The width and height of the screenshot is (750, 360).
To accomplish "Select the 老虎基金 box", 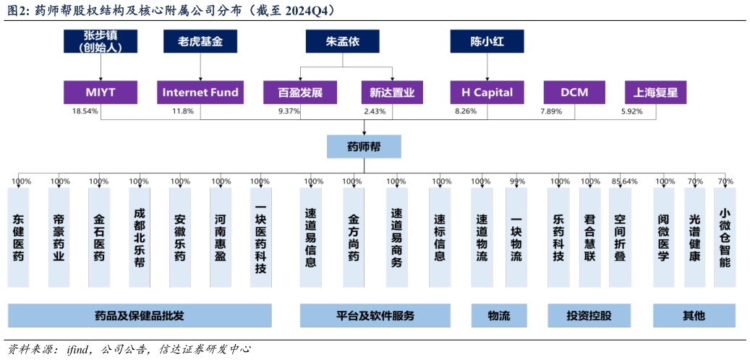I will click(x=200, y=41).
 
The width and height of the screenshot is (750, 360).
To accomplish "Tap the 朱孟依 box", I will click(x=343, y=41).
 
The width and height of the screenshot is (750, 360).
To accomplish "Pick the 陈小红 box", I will click(x=487, y=41).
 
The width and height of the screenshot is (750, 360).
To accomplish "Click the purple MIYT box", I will click(x=101, y=93).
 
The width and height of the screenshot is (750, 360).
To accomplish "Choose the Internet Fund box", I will click(x=200, y=93).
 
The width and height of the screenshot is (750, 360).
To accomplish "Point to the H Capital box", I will click(x=487, y=93).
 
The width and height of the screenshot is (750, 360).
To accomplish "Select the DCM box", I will click(x=574, y=93).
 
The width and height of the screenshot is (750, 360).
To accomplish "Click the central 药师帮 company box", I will click(x=364, y=147).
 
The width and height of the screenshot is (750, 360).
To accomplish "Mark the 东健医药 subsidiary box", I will click(x=19, y=237).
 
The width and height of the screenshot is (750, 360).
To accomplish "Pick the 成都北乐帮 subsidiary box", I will click(x=140, y=237).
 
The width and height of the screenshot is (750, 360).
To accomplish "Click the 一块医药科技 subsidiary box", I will click(x=260, y=237).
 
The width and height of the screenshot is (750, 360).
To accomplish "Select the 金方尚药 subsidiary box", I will click(x=354, y=237).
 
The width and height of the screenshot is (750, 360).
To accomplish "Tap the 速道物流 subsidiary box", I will click(x=482, y=237).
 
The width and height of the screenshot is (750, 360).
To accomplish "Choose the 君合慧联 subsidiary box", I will click(x=590, y=237).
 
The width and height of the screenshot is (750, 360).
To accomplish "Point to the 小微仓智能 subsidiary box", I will click(x=725, y=237).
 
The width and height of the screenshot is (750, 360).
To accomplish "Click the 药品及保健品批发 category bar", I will click(x=140, y=316).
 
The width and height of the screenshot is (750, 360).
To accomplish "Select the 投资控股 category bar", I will click(x=589, y=316).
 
